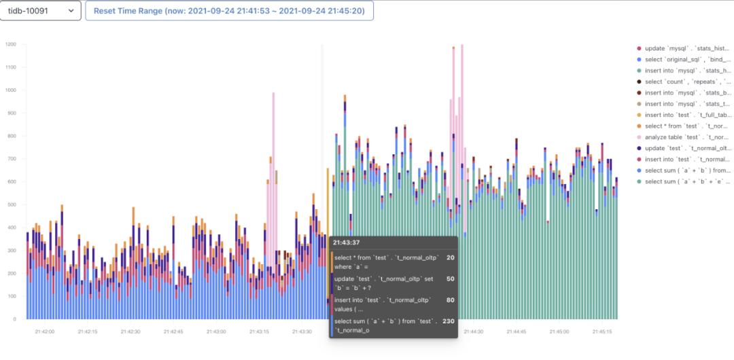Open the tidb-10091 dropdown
pyautogui.click(x=41, y=12)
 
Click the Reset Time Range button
pyautogui.click(x=229, y=12)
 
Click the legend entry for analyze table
pyautogui.click(x=687, y=137)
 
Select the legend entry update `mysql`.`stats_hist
pyautogui.click(x=687, y=48)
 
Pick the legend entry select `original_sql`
pyautogui.click(x=687, y=60)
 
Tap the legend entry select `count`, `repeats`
pyautogui.click(x=687, y=82)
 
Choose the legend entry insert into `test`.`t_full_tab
pyautogui.click(x=687, y=115)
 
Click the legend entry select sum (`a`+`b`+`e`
pyautogui.click(x=687, y=181)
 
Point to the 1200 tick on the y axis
pyautogui.click(x=11, y=44)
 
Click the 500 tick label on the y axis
pyautogui.click(x=12, y=204)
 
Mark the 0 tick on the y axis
pyautogui.click(x=14, y=319)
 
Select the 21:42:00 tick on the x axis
pyautogui.click(x=45, y=331)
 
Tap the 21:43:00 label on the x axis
pyautogui.click(x=216, y=331)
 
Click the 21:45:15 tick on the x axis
pyautogui.click(x=602, y=331)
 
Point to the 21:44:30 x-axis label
pyautogui.click(x=473, y=331)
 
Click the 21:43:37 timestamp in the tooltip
pyautogui.click(x=347, y=242)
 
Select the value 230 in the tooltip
pyautogui.click(x=448, y=321)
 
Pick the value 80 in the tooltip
pyautogui.click(x=450, y=300)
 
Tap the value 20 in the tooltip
pyautogui.click(x=451, y=257)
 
